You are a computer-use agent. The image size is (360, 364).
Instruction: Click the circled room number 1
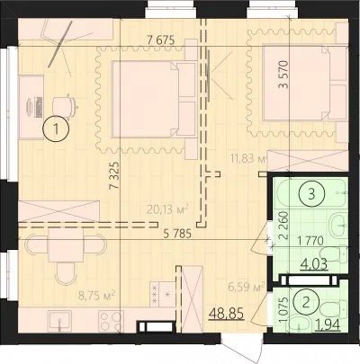[56, 129]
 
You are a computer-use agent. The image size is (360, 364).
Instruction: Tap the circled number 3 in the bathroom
[311, 194]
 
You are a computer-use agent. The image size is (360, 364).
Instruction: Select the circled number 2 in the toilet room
[306, 303]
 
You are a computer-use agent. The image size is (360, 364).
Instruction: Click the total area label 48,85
[226, 314]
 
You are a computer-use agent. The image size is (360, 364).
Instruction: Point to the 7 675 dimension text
[161, 40]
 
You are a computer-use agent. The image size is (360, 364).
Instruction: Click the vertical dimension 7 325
[114, 175]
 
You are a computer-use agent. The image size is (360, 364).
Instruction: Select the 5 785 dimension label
[177, 234]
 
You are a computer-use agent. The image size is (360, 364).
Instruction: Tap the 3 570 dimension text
[283, 75]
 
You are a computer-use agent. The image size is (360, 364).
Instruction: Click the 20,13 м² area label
[167, 209]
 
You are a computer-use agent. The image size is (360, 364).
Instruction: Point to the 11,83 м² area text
[248, 157]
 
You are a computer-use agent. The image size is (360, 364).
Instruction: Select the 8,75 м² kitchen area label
[97, 296]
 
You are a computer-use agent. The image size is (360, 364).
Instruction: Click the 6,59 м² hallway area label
[246, 287]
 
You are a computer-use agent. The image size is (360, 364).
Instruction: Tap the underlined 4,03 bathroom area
[314, 265]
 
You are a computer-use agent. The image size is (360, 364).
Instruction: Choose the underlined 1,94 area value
[328, 324]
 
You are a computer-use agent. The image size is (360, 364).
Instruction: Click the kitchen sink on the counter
[60, 321]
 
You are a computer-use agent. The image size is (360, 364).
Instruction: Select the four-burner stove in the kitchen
[112, 321]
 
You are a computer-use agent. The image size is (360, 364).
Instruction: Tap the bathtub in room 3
[312, 193]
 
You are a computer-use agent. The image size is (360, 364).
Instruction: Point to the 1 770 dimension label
[310, 240]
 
